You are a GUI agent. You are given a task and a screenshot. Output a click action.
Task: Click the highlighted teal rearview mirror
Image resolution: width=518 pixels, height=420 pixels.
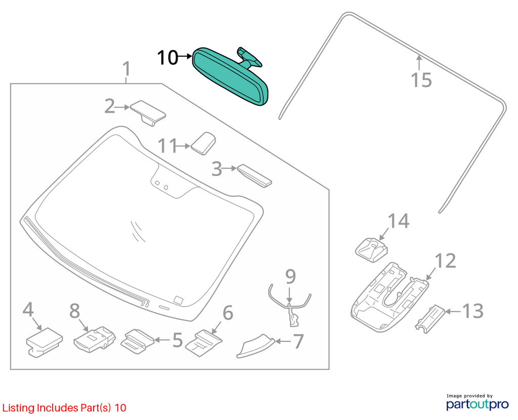point(230,77)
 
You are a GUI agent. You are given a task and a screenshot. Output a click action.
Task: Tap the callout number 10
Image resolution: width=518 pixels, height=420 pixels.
point(167,58)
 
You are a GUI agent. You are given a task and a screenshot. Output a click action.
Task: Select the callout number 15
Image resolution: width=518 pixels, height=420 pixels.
point(421,80)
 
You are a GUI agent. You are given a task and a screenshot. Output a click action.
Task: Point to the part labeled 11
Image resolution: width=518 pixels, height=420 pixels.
point(203,143)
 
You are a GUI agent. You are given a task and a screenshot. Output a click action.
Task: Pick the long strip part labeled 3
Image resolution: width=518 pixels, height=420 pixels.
point(254,176)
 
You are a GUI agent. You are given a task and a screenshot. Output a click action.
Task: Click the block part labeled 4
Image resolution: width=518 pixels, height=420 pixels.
point(44,342)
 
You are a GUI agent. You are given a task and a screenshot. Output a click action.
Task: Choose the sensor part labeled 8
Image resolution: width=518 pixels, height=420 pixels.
point(95,340)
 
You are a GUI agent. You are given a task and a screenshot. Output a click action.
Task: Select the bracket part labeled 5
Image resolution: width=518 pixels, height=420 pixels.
point(137,341)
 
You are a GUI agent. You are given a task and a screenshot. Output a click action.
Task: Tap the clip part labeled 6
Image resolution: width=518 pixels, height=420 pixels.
point(203,343)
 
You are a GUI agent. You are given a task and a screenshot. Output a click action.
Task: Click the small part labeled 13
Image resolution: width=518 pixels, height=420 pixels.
point(430,319)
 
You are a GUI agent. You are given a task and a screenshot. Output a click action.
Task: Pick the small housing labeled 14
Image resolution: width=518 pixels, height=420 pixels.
point(372,250)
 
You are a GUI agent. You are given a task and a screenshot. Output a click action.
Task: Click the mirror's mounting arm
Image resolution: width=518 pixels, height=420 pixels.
point(249,57)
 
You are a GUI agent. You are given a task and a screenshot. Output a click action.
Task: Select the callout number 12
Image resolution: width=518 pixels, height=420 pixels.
point(445,261)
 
